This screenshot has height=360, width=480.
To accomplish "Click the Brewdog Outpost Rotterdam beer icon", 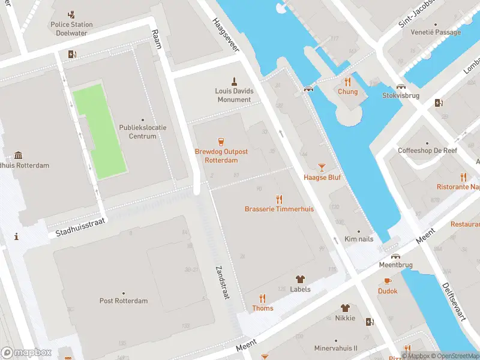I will tap(221, 142).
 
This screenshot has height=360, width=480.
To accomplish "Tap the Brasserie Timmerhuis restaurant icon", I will tap(279, 199).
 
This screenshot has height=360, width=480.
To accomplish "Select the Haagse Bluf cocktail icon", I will tap(322, 167).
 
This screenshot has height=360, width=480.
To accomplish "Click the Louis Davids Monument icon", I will tap(235, 81).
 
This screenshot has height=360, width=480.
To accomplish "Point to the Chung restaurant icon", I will tap(347, 82).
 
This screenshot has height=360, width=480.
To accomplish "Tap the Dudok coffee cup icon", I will tap(388, 281).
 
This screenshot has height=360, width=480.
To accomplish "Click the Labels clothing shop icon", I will tap(300, 279).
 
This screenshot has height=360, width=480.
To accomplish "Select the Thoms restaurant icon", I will tap(262, 298).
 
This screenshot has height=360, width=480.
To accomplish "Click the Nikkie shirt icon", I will tap(345, 308).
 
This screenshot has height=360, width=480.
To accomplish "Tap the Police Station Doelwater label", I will tap(71, 29).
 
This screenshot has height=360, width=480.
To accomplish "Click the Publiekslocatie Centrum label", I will tap(142, 132).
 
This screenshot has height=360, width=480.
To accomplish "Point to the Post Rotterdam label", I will tap(123, 301).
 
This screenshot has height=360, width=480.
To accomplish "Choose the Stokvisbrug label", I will tap(401, 95).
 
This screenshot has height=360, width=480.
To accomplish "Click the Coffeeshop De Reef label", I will tap(427, 151).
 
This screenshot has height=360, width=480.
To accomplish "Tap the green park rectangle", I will tap(100, 131).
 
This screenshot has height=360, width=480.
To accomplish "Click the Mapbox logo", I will tap(26, 353).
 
